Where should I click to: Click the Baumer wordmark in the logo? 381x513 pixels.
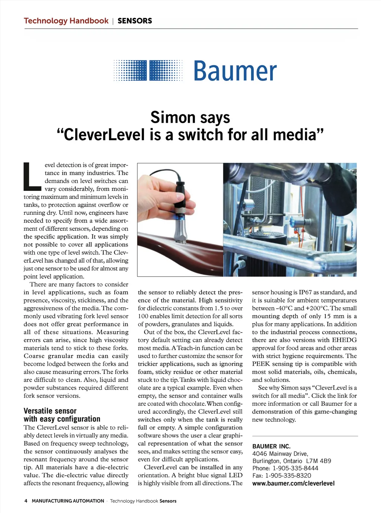[235, 70]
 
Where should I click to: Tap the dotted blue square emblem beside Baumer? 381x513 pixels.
[148, 70]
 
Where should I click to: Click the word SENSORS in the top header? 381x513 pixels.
[135, 21]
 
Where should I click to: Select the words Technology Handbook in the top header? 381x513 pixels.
[66, 21]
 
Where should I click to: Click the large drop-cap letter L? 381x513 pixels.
[32, 175]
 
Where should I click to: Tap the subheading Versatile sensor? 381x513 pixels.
[50, 411]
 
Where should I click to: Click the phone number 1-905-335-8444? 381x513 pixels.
[295, 468]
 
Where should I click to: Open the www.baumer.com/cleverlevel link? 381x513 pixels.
[293, 484]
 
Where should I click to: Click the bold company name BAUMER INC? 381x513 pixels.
[271, 446]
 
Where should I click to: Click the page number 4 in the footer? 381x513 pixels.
[26, 501]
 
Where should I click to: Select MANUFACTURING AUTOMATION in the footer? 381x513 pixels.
[68, 501]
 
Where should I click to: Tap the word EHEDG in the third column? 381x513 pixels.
[344, 340]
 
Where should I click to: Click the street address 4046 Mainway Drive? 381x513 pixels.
[280, 454]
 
